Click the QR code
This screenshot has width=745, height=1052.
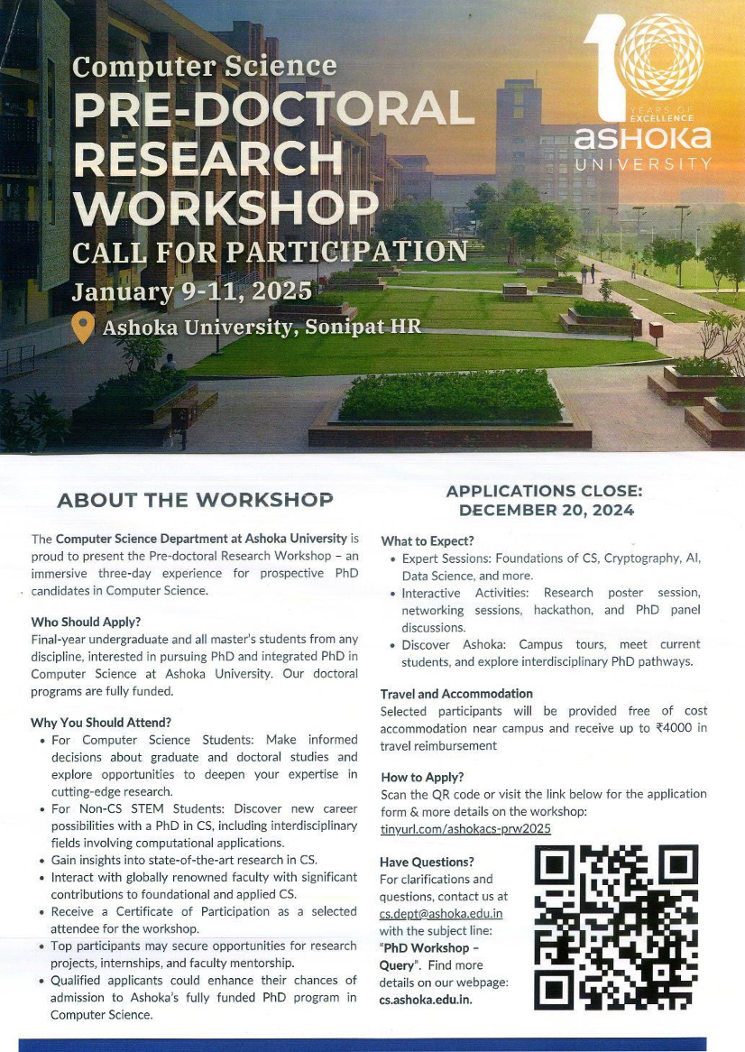click(616, 927)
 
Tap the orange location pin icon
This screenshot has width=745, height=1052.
click(83, 328)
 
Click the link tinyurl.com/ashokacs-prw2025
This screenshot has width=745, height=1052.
click(465, 827)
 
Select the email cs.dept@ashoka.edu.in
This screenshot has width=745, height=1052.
click(441, 914)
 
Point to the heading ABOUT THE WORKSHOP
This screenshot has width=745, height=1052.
click(195, 500)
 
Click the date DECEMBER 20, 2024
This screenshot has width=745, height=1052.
click(546, 510)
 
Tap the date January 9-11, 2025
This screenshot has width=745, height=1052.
click(191, 292)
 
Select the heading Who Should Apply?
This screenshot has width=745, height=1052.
click(86, 622)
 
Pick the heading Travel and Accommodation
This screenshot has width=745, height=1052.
click(456, 694)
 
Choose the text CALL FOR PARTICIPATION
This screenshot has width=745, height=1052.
click(271, 251)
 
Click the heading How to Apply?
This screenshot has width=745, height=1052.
click(422, 777)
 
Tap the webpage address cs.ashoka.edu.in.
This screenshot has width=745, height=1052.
click(426, 1000)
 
